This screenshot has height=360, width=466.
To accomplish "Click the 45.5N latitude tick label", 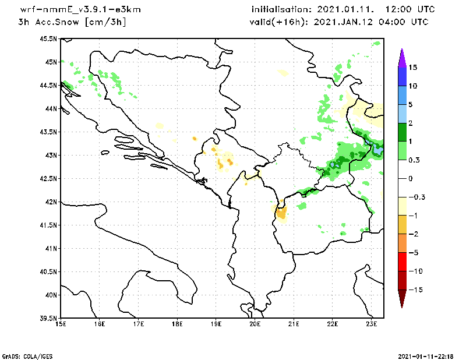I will pyautogui.click(x=49, y=38).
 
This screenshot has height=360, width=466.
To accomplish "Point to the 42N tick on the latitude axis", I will pyautogui.click(x=51, y=202).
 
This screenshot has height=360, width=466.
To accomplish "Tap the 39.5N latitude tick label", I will pyautogui.click(x=49, y=318).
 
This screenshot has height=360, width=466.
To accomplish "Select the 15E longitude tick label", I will pyautogui.click(x=61, y=323).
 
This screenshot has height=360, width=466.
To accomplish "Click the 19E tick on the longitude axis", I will pyautogui.click(x=216, y=323).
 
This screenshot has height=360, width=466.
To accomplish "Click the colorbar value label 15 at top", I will pyautogui.click(x=412, y=68).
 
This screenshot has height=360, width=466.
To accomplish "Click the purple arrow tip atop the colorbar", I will pyautogui.click(x=401, y=57).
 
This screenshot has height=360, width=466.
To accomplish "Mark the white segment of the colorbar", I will pyautogui.click(x=401, y=178).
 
